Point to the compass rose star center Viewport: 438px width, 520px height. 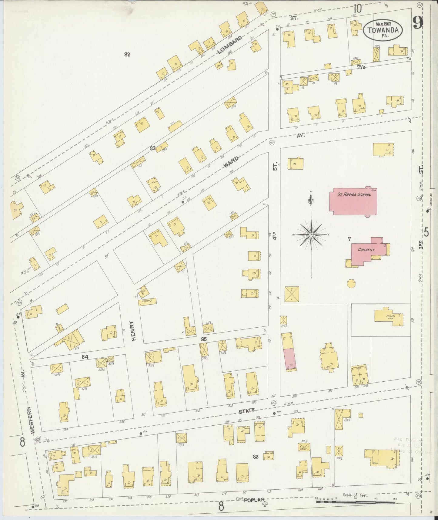311,235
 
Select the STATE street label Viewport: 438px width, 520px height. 247,412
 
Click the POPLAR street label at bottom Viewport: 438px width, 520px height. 255,500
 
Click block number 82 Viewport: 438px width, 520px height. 127,55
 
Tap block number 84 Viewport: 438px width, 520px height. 85,357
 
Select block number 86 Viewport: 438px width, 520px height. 256,456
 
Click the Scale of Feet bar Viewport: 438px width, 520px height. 356,502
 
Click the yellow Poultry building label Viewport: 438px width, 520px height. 148,302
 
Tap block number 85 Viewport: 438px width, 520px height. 204,339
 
